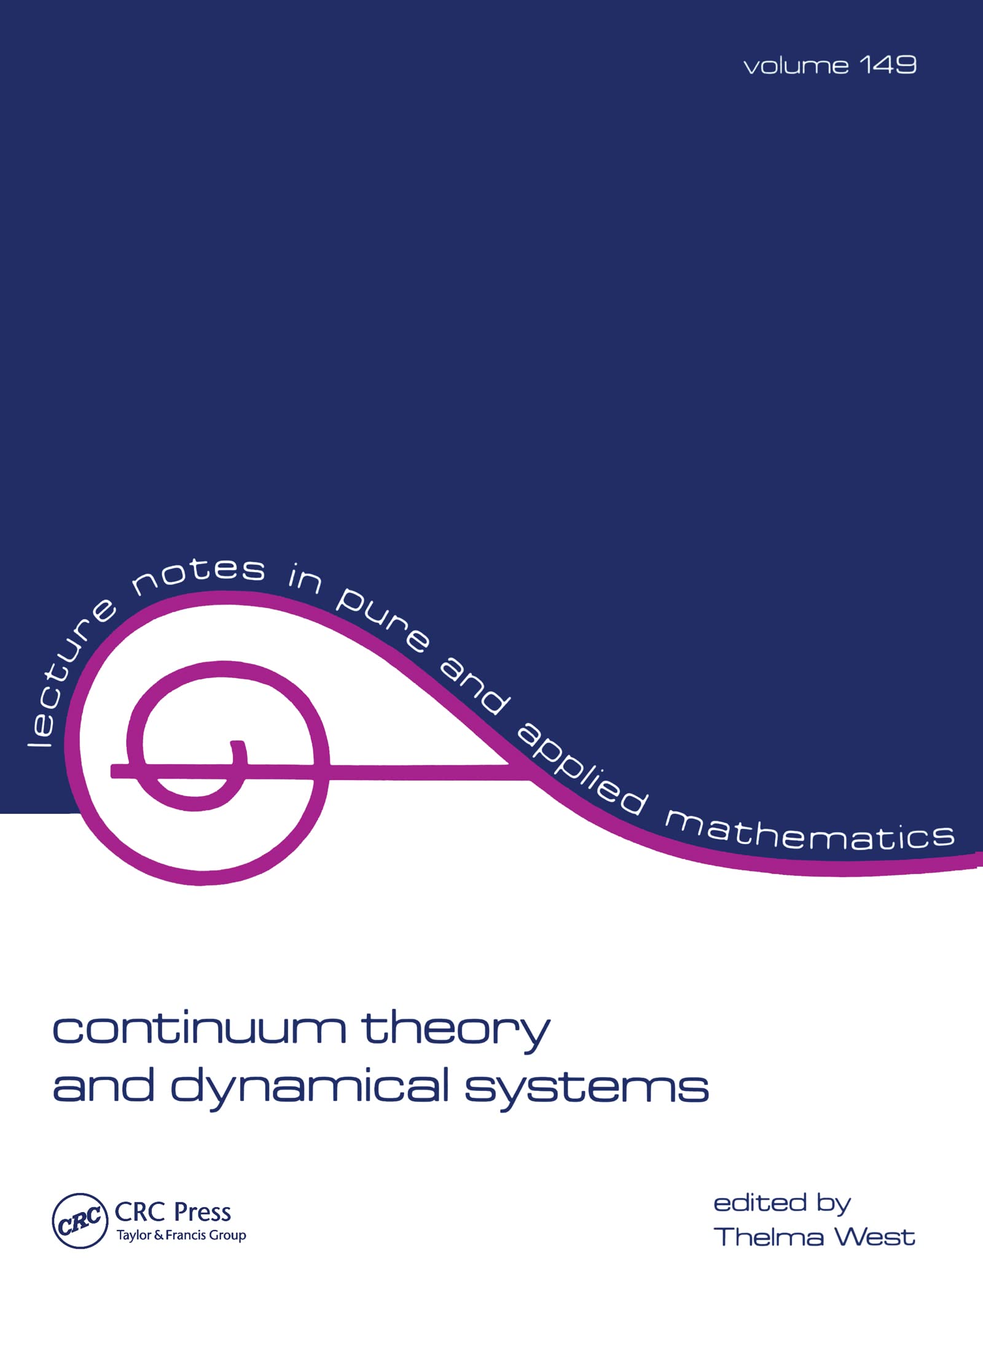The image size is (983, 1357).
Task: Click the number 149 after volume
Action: coord(888,65)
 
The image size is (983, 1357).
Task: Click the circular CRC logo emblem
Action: coord(80,1221)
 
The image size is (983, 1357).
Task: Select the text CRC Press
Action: coord(173,1212)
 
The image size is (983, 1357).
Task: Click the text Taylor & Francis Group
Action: coord(181,1235)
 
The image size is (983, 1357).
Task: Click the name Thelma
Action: coord(769,1237)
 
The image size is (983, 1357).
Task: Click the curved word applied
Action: coord(583,768)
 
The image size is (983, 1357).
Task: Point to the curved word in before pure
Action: coord(305,579)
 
